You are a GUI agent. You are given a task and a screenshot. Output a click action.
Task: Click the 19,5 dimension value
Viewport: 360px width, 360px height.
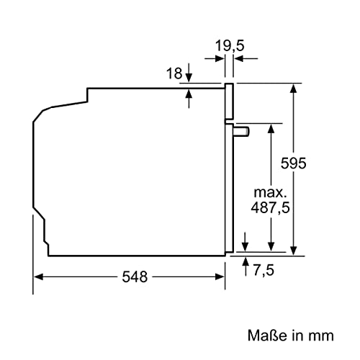point(229,45)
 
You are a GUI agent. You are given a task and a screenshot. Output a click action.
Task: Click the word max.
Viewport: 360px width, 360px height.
point(270,193)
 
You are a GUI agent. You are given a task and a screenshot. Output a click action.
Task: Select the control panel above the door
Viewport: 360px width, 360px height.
point(230,102)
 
